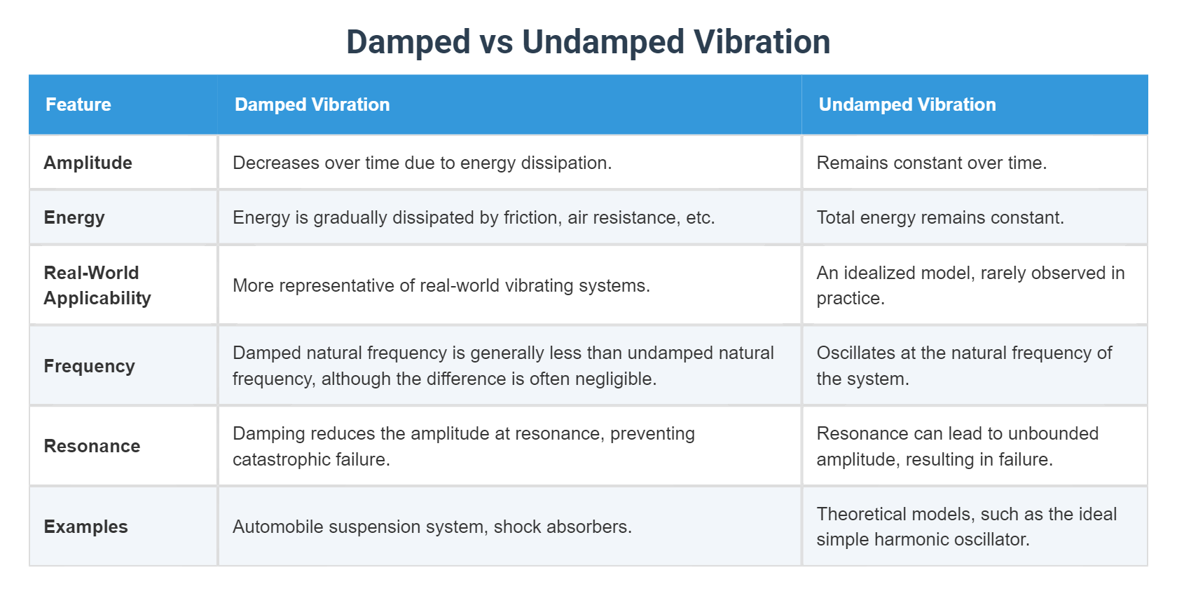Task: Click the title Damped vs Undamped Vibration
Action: pyautogui.click(x=588, y=41)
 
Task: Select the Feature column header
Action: pyautogui.click(x=78, y=104)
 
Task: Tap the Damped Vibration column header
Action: pyautogui.click(x=312, y=104)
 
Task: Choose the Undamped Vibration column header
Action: pyautogui.click(x=907, y=104)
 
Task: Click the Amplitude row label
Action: pyautogui.click(x=88, y=163)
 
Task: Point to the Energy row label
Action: pyautogui.click(x=74, y=217)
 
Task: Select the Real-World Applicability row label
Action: pyautogui.click(x=97, y=285)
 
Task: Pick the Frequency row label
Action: pyautogui.click(x=90, y=365)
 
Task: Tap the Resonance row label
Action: pyautogui.click(x=92, y=446)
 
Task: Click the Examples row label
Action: pyautogui.click(x=85, y=527)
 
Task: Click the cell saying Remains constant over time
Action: pyautogui.click(x=932, y=163)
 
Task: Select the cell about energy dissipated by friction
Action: pyautogui.click(x=474, y=217)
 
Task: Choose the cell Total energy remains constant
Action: pyautogui.click(x=940, y=217)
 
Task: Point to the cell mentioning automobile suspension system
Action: pyautogui.click(x=432, y=527)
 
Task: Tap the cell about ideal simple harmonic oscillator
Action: pyautogui.click(x=967, y=527)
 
